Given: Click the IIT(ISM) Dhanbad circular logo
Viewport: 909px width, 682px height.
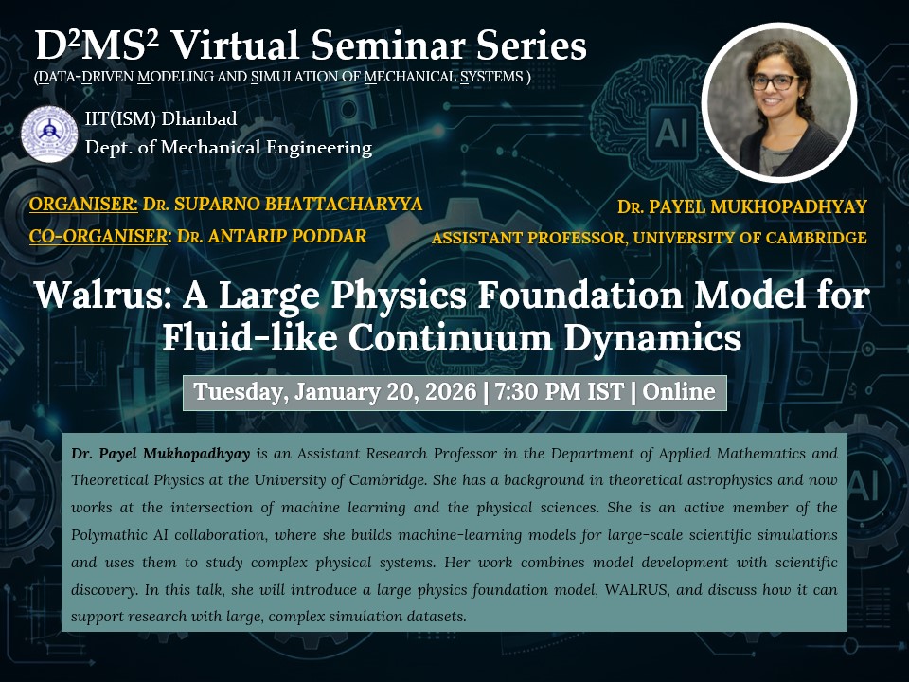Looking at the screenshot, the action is pyautogui.click(x=49, y=134).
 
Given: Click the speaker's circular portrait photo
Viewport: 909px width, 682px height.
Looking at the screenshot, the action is pyautogui.click(x=778, y=102).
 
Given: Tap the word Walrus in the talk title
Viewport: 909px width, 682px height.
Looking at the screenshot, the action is pyautogui.click(x=102, y=295).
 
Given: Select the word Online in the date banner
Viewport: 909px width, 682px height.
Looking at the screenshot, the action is pyautogui.click(x=678, y=391).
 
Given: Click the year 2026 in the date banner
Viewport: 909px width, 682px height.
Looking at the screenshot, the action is pyautogui.click(x=451, y=391).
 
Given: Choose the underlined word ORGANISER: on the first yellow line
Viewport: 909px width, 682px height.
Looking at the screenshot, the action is pyautogui.click(x=83, y=205).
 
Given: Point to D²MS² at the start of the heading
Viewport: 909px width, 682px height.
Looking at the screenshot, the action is pyautogui.click(x=97, y=45).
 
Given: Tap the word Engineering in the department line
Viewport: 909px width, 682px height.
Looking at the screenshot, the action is pyautogui.click(x=319, y=148).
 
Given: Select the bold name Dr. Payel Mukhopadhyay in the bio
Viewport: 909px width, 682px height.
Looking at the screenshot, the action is pyautogui.click(x=161, y=454).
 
